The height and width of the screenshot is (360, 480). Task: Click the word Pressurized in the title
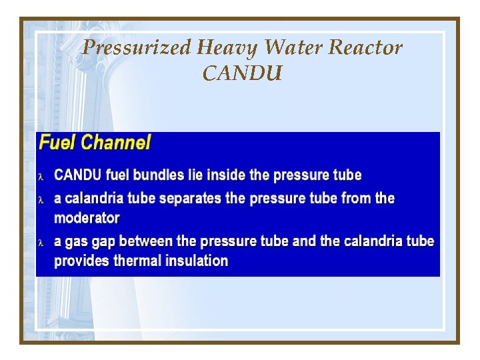click(137, 48)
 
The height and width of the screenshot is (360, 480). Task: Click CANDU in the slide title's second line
click(242, 73)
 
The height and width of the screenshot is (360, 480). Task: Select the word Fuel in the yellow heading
click(56, 143)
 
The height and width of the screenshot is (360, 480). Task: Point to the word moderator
click(87, 218)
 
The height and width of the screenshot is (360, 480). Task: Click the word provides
click(82, 261)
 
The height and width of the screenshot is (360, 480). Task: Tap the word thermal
click(137, 261)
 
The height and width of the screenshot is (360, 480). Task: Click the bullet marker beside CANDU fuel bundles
click(42, 177)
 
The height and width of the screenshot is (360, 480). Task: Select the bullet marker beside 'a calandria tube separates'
click(42, 200)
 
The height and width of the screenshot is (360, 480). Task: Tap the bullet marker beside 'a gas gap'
click(42, 243)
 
